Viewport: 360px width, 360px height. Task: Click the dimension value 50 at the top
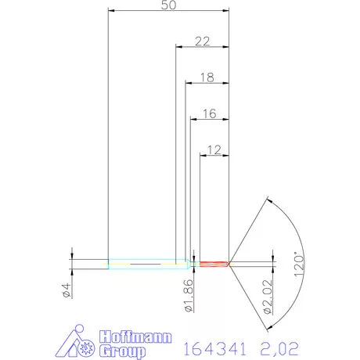point(168,5)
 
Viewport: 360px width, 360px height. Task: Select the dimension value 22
point(202,41)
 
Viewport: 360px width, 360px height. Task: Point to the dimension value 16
point(209,113)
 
